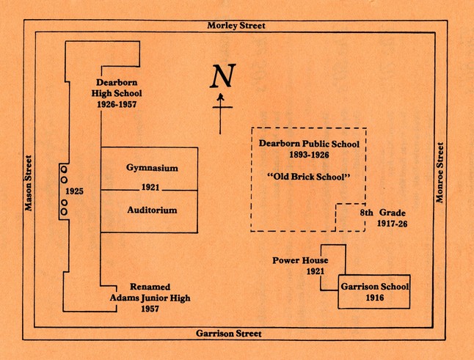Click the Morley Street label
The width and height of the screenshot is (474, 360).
pos(236,26)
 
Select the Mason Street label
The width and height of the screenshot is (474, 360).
pos(29,182)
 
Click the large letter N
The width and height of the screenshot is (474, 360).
pos(224,77)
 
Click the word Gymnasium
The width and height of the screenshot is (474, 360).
pos(152,169)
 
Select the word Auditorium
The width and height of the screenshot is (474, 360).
pos(152,210)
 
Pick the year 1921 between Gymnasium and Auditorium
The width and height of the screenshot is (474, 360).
pos(149,188)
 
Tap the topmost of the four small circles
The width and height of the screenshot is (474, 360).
pos(64,169)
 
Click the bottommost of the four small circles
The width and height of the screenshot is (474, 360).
pos(64,212)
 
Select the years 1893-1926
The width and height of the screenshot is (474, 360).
pos(309,156)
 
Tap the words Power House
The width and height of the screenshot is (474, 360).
pos(300,260)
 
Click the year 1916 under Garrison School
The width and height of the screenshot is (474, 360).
pos(374,298)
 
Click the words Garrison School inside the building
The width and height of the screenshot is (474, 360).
pos(374,286)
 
